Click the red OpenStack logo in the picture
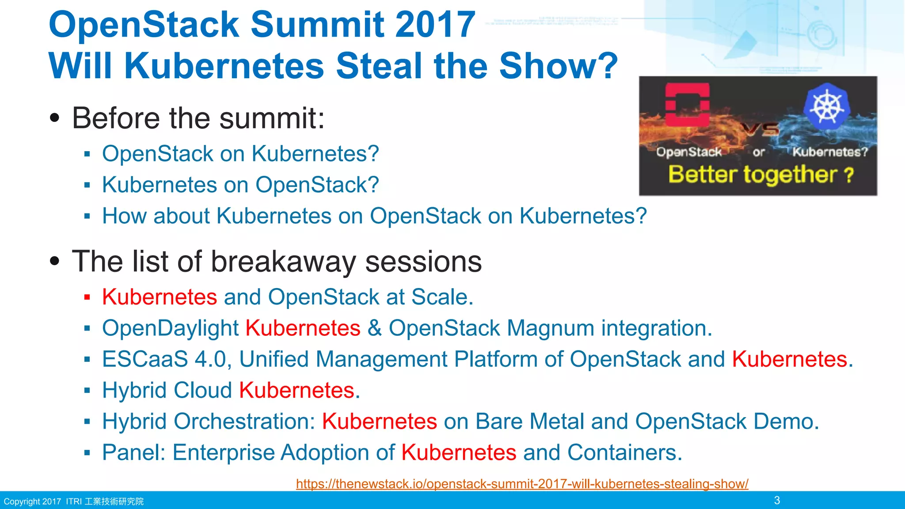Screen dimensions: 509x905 point(687,104)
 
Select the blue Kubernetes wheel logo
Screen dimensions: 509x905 point(826,106)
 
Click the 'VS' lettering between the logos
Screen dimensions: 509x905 point(759,129)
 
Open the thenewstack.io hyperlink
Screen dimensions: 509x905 point(522,484)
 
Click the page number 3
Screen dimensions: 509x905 point(777,500)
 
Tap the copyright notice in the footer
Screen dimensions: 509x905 point(73,501)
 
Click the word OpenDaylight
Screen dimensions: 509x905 point(171,328)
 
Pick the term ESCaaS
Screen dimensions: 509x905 point(145,359)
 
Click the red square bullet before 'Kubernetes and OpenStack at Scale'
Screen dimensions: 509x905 point(87,297)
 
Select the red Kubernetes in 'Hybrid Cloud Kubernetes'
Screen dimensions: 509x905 point(297,391)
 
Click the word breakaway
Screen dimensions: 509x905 point(283,262)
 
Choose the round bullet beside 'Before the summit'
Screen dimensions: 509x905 point(54,118)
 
